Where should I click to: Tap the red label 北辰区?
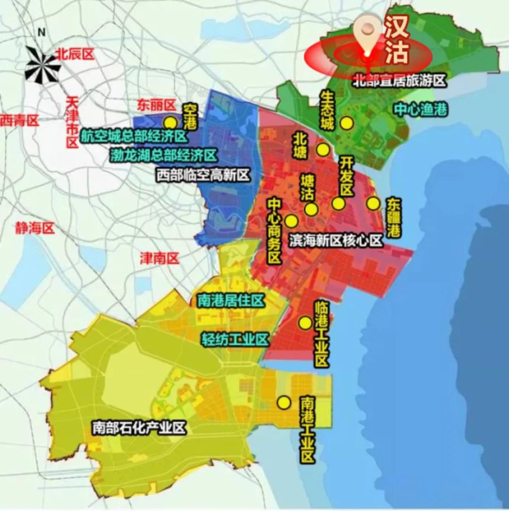(x=75, y=54)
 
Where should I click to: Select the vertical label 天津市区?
(x=72, y=123)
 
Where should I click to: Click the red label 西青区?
(x=19, y=121)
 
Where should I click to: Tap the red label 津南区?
(x=160, y=258)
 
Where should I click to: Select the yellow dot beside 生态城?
(x=347, y=123)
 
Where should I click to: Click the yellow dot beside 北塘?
(x=323, y=150)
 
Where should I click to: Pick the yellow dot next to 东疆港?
(x=373, y=203)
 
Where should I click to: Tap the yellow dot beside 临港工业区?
(x=305, y=323)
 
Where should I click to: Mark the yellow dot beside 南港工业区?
(x=284, y=403)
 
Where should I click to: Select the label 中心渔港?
(x=421, y=110)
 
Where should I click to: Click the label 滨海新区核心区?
(x=335, y=241)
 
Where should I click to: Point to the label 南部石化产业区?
(x=139, y=428)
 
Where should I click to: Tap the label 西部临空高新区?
(x=203, y=176)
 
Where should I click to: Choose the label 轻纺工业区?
(x=235, y=339)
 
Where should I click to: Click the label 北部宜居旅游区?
(x=399, y=81)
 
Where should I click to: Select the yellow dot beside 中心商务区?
(x=291, y=221)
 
